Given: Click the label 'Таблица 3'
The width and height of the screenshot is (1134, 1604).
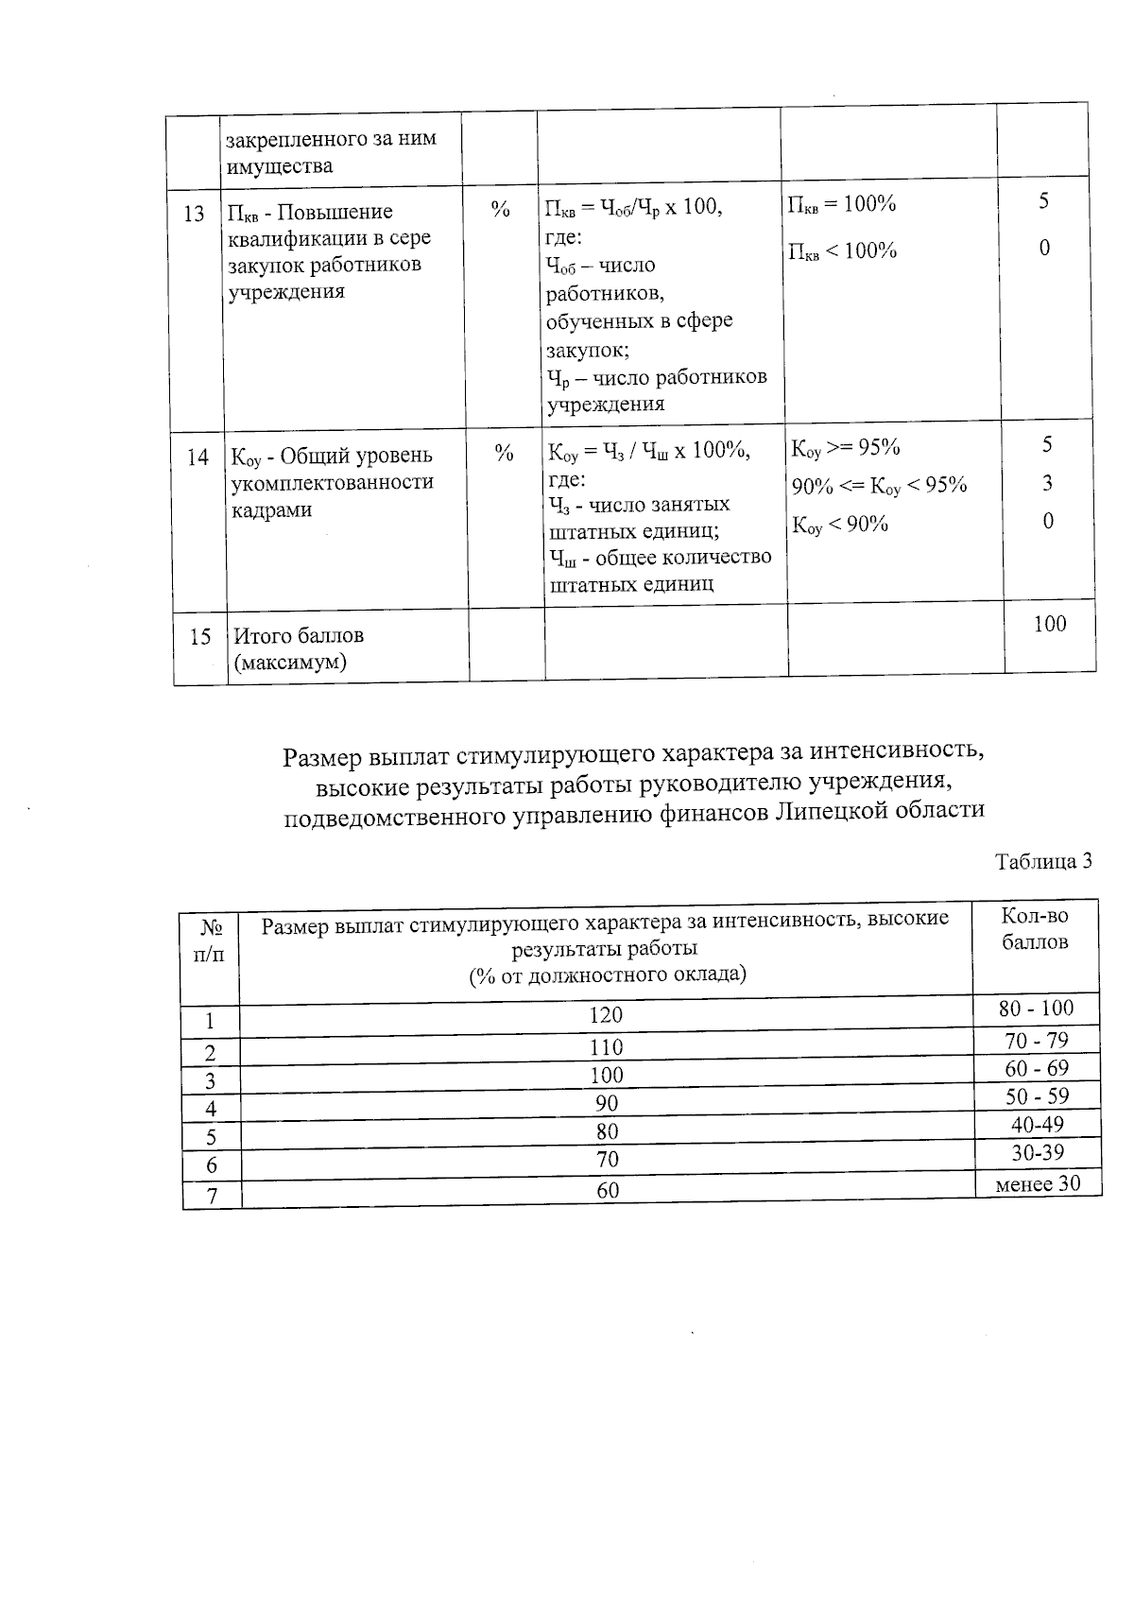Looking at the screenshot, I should click(1043, 861).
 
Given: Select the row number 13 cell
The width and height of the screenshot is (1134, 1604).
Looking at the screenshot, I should click(194, 214).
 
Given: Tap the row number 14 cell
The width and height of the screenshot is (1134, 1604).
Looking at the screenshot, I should click(198, 457).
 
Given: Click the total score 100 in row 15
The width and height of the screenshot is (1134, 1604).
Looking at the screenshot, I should click(1049, 624).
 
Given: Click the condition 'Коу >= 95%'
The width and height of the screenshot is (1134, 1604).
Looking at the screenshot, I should click(846, 447).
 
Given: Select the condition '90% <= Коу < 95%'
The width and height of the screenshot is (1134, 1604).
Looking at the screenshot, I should click(879, 486).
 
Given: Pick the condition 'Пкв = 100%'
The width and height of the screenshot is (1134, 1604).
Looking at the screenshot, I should click(842, 204).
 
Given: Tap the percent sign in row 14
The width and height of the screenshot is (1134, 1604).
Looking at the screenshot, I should click(505, 454).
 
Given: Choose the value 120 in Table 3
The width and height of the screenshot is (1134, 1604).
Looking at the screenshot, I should click(606, 1015).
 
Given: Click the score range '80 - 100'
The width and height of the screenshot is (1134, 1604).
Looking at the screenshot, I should click(1037, 1009).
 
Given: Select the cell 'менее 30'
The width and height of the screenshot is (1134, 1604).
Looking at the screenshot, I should click(1038, 1183).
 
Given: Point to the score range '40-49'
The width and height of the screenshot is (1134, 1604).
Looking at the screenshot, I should click(1037, 1125).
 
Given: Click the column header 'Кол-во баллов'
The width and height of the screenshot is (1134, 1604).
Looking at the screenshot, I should click(1035, 929).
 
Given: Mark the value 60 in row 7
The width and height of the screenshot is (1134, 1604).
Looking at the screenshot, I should click(608, 1191).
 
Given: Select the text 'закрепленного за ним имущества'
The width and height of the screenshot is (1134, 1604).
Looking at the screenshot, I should click(330, 152).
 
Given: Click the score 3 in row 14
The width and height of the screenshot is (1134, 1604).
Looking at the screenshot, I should click(1048, 484).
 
